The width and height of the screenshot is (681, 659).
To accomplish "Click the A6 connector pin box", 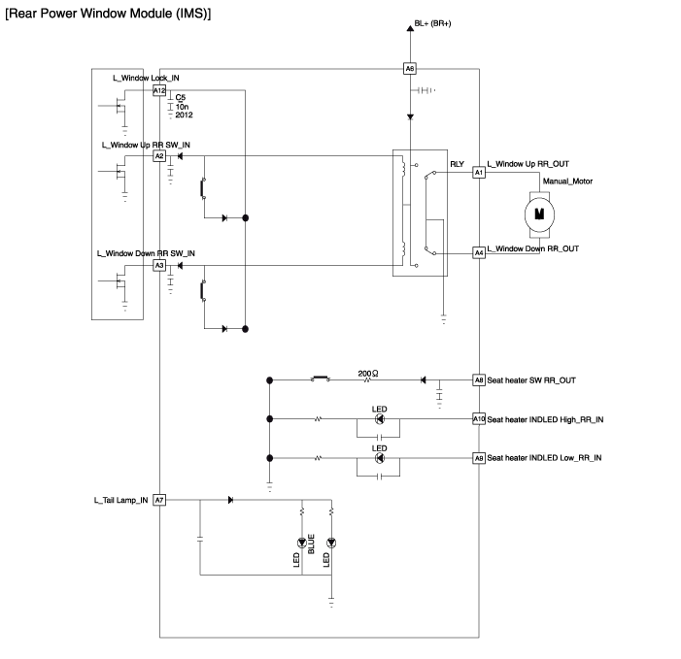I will [x=410, y=69].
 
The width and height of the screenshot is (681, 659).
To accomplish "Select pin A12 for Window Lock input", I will [x=159, y=89].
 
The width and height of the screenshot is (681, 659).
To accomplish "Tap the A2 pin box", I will [x=159, y=155].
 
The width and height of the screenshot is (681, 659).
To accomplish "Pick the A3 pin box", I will [x=159, y=264].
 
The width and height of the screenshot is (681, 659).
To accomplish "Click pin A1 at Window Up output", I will [x=478, y=172].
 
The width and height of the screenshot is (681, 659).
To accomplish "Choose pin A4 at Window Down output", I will [x=478, y=252].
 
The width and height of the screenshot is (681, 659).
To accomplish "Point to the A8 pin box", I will [x=478, y=380].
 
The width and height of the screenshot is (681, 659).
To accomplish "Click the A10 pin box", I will [x=478, y=418].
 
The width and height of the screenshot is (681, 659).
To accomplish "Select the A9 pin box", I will [x=478, y=457].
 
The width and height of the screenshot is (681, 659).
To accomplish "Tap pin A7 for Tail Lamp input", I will [x=159, y=500].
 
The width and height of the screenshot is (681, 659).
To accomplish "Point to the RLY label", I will [x=458, y=152].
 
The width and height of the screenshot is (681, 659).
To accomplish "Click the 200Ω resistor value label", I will [x=367, y=373].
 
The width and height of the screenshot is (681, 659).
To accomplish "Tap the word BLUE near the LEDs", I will [x=312, y=545].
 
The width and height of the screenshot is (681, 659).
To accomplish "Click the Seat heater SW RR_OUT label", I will [x=533, y=380].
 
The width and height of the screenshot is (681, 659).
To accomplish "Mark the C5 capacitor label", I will [x=181, y=97].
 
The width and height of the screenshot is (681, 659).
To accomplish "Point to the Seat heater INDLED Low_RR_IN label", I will [x=544, y=457].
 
